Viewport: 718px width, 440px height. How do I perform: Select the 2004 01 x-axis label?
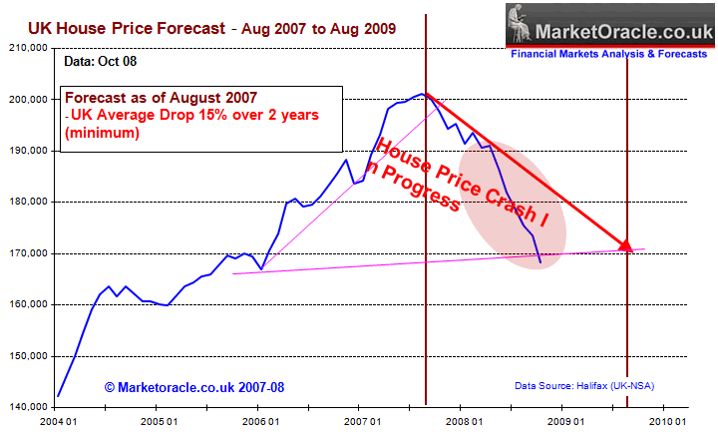pyautogui.click(x=55, y=424)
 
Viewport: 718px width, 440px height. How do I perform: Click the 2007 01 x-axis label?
pyautogui.click(x=358, y=424)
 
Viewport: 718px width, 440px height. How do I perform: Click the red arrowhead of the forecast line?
pyautogui.click(x=625, y=244)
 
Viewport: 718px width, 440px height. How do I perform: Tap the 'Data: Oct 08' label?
pyautogui.click(x=99, y=61)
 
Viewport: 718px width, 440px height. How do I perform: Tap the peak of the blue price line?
pyautogui.click(x=425, y=94)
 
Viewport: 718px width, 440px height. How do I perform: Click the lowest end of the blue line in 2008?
pyautogui.click(x=539, y=263)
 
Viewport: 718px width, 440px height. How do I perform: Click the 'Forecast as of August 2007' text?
pyautogui.click(x=162, y=97)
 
